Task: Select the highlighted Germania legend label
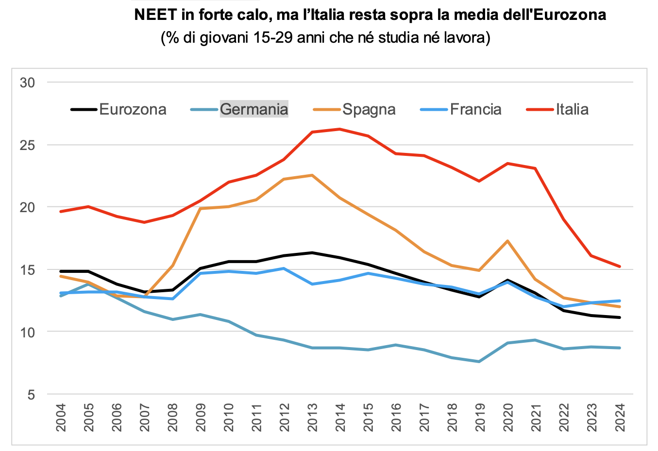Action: tap(254, 109)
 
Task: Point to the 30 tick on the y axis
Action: tap(27, 83)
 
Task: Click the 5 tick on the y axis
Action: tap(31, 395)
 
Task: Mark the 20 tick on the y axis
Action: tap(27, 207)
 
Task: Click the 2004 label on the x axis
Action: tap(61, 418)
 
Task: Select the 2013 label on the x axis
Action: tap(312, 418)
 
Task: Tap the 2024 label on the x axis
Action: tap(620, 418)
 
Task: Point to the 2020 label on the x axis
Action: tap(508, 418)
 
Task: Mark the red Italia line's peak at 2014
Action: tap(339, 129)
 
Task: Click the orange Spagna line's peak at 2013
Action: tap(312, 175)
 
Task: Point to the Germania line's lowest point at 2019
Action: tap(479, 362)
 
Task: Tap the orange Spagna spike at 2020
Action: tap(507, 241)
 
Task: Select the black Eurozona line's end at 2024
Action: tap(620, 317)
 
